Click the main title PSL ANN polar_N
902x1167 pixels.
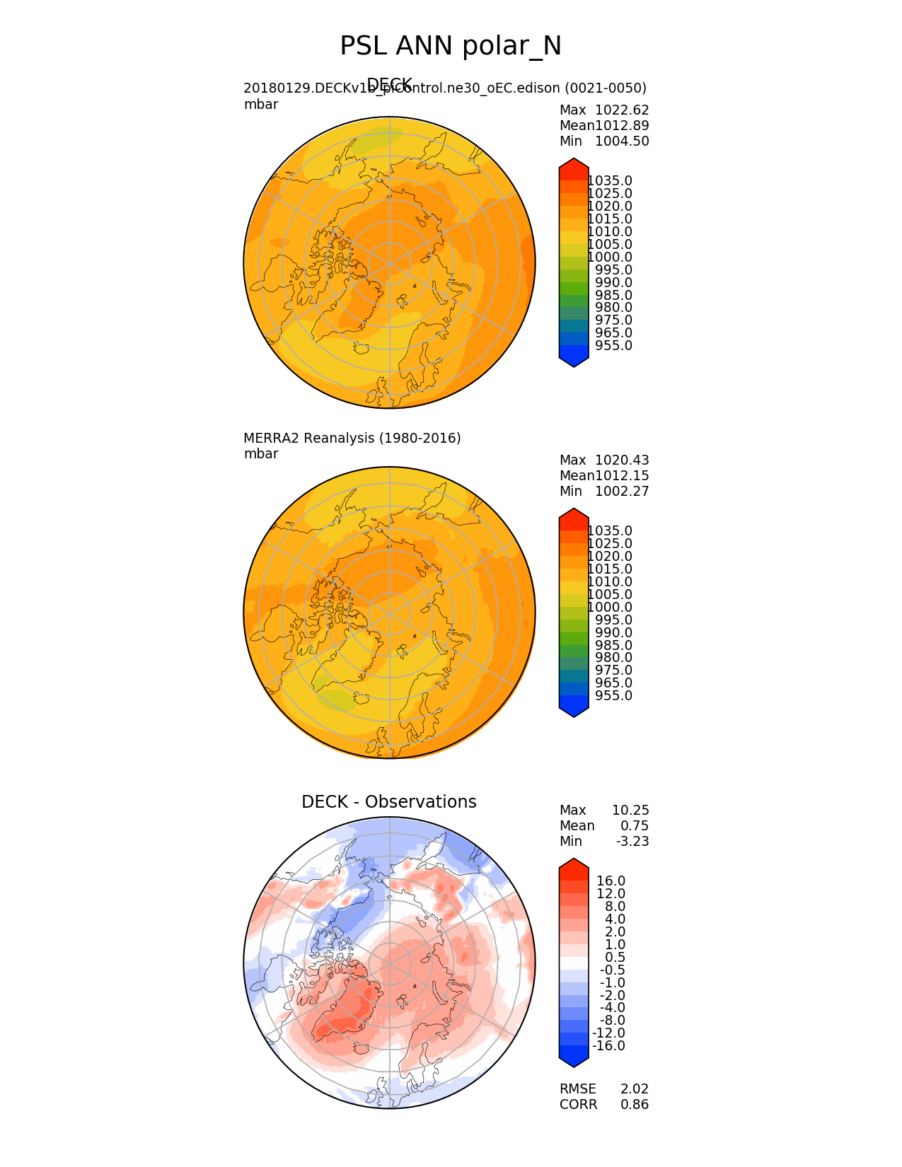tap(451, 46)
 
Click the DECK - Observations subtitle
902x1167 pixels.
tap(388, 802)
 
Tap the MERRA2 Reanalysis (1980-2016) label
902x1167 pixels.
tap(352, 439)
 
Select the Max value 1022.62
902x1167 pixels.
tap(622, 110)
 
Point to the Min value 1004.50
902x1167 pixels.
tap(622, 141)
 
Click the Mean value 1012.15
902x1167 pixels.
tap(622, 476)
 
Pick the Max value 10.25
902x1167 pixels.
tap(630, 811)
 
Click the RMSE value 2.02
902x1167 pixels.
tap(635, 1089)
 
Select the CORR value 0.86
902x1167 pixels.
tap(635, 1105)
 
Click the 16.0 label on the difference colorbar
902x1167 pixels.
tap(611, 881)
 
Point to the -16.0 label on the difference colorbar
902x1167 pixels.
tap(608, 1046)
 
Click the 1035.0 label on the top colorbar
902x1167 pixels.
tap(610, 181)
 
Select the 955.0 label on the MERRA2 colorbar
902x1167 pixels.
tap(613, 696)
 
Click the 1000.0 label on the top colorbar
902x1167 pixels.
tap(610, 257)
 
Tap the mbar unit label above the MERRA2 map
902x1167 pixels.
tap(261, 454)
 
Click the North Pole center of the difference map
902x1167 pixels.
tap(389, 963)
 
